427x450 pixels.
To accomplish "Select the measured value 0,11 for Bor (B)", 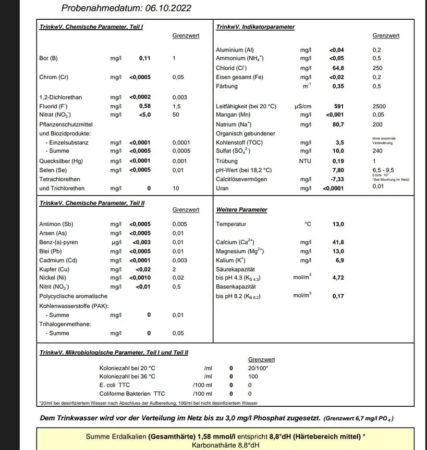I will [144, 58].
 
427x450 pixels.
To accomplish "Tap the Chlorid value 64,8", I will [338, 68].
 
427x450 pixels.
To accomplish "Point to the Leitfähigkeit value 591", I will [338, 106].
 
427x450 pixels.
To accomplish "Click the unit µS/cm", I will [303, 106].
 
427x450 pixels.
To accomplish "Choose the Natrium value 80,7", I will [338, 124].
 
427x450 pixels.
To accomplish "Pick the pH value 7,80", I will [338, 170].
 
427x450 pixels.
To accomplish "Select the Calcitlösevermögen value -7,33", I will [337, 179].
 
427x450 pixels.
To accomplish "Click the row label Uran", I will [223, 189].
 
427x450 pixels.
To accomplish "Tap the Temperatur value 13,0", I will [338, 224].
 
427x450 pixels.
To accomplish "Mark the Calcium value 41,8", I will [338, 242].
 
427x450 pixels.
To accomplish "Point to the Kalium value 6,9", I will [340, 260].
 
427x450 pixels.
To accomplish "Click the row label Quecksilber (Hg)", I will [61, 161].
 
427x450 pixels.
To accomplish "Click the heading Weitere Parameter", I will [241, 210].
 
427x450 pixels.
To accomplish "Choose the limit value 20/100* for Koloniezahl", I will [259, 368].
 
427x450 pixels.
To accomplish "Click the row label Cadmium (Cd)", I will [58, 260].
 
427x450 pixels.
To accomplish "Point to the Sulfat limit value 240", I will [377, 151].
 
